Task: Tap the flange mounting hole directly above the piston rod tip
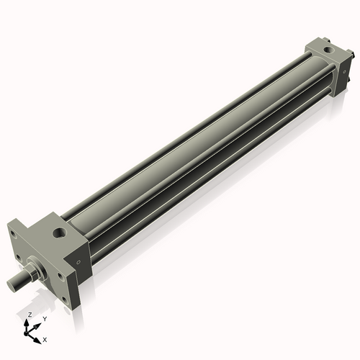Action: point(14,256)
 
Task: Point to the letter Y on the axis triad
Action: point(45,318)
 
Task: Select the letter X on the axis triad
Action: point(45,338)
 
